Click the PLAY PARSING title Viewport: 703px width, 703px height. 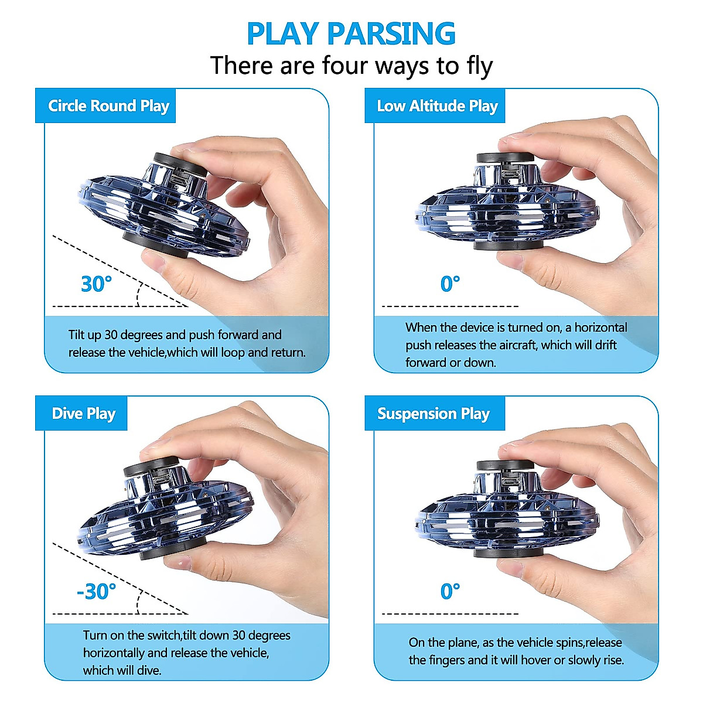(351, 33)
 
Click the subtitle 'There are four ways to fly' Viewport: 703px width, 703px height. (351, 66)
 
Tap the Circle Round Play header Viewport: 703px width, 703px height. (108, 106)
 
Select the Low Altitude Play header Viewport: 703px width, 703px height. (437, 106)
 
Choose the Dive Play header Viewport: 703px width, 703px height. (83, 414)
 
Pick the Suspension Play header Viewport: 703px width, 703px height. (433, 414)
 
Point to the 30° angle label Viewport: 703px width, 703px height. (96, 284)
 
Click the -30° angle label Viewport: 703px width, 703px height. (96, 592)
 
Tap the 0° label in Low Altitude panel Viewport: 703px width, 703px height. (450, 284)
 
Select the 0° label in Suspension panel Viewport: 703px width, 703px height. (450, 592)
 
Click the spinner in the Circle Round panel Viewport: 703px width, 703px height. (164, 208)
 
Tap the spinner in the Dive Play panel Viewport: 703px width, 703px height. (161, 513)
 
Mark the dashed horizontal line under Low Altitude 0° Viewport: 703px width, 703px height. (450, 306)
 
